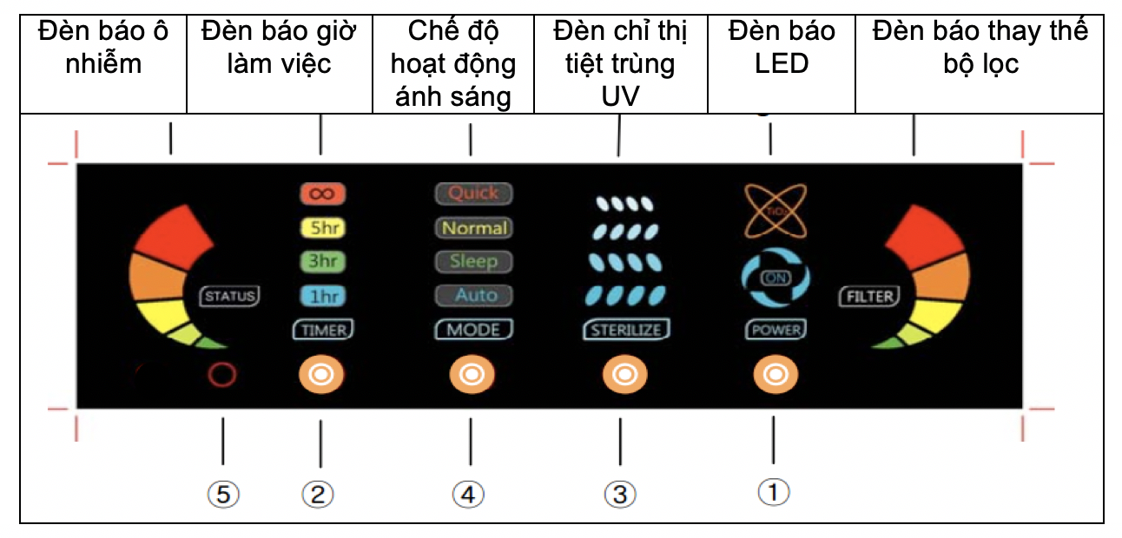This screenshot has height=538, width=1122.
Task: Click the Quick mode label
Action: [x=472, y=194]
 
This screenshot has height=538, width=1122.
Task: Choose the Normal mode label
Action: [x=472, y=227]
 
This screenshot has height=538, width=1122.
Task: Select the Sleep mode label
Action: [x=472, y=260]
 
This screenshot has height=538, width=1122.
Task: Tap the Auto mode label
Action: [x=472, y=295]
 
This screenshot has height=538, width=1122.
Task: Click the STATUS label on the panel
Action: [x=230, y=295]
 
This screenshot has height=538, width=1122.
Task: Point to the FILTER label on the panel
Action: [x=870, y=296]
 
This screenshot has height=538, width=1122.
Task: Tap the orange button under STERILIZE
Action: [x=622, y=375]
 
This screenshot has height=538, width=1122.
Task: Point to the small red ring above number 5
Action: [x=221, y=374]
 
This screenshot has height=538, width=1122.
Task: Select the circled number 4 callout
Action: [x=469, y=495]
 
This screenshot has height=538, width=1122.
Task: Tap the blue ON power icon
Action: [x=775, y=278]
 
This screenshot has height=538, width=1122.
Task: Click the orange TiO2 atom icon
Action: [x=775, y=211]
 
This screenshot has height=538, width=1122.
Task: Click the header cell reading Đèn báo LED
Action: [x=782, y=47]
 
